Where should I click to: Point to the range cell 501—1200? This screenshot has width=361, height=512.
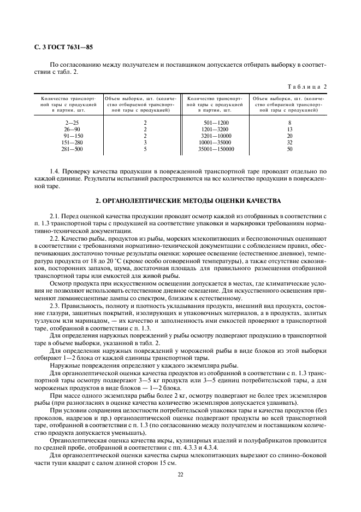(x=216, y=123)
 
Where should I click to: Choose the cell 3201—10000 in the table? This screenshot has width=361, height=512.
(x=216, y=136)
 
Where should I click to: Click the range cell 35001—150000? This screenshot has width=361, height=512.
(x=216, y=149)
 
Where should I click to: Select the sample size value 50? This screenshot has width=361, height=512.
(x=289, y=149)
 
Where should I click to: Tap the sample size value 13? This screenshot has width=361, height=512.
(x=289, y=129)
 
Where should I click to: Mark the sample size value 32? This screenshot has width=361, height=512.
(x=289, y=142)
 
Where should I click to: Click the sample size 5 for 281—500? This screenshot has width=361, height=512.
(x=145, y=149)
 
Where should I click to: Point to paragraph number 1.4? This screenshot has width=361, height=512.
(x=55, y=172)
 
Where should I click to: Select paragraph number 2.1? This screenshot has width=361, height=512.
(x=55, y=217)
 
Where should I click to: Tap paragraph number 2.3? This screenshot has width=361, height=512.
(x=55, y=305)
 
